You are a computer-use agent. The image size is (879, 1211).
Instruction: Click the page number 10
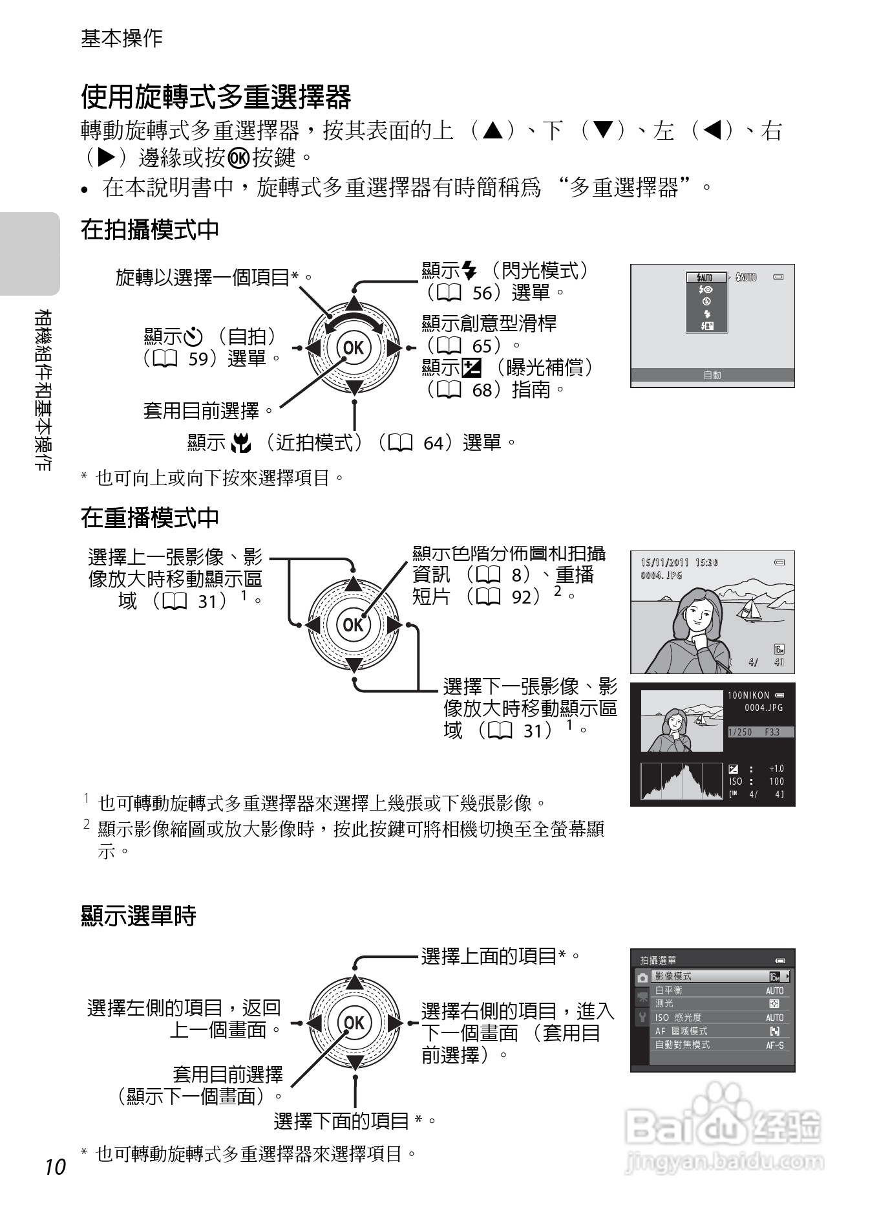point(56,1166)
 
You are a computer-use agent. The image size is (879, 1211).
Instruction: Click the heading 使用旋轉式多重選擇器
point(215,97)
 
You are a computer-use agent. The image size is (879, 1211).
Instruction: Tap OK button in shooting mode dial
point(353,347)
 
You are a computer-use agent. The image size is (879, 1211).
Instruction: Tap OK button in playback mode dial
point(353,624)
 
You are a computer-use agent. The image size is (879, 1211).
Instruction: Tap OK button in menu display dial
point(354,1022)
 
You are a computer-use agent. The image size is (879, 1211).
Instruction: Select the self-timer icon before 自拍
point(193,337)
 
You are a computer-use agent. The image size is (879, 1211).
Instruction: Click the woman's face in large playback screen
point(699,613)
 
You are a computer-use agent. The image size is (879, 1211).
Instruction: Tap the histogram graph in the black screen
point(681,781)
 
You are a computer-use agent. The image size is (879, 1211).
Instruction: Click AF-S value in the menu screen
point(774,1045)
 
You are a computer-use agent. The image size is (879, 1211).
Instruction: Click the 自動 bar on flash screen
point(712,375)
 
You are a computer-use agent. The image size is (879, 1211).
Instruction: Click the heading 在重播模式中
point(149,517)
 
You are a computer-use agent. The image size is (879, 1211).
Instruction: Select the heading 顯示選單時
point(138,915)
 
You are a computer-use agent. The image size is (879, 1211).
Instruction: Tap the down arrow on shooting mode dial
point(354,387)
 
